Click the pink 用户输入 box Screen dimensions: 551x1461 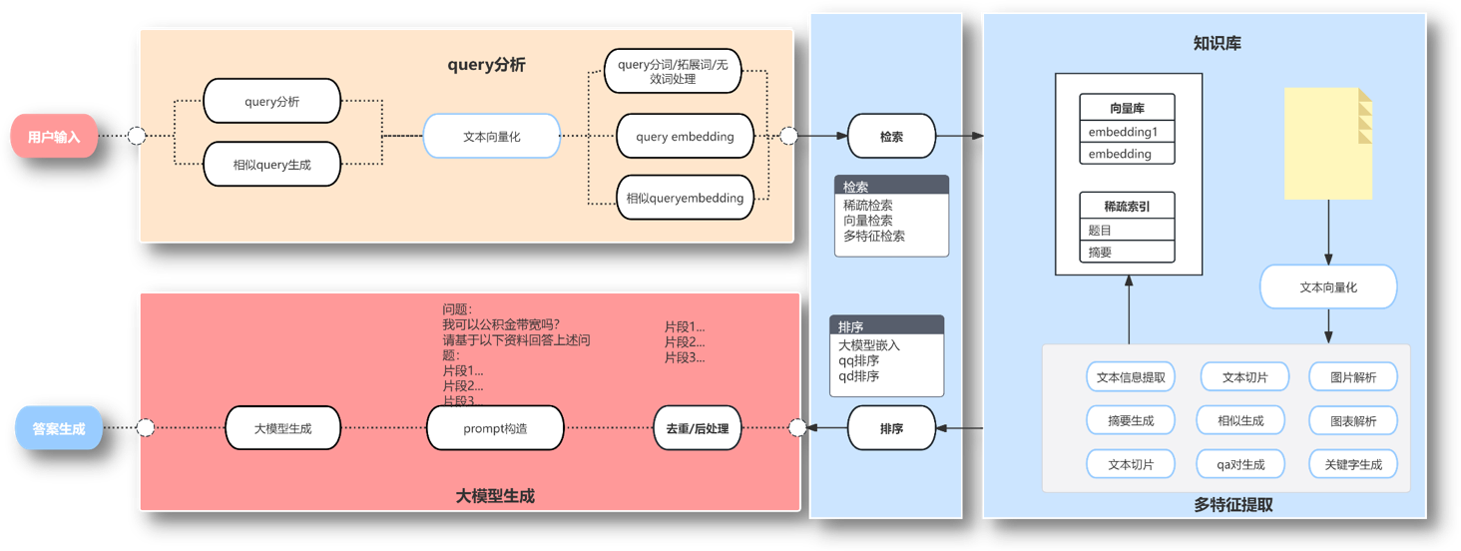[x=54, y=137]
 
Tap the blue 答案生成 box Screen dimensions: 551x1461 [x=59, y=429]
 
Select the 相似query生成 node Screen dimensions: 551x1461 [x=271, y=165]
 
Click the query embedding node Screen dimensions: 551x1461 [x=685, y=137]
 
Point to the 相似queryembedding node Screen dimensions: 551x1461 [x=685, y=198]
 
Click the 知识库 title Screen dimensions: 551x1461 [x=1217, y=43]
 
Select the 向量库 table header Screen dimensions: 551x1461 [x=1127, y=108]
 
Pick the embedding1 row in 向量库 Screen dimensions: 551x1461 [x=1127, y=132]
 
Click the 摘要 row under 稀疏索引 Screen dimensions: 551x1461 [x=1127, y=253]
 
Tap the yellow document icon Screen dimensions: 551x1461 [x=1327, y=144]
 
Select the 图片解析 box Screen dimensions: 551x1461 [x=1353, y=377]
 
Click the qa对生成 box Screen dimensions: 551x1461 [x=1240, y=464]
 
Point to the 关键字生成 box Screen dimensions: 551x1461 [x=1353, y=464]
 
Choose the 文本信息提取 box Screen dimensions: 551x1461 [x=1131, y=377]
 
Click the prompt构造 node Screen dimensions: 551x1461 [x=495, y=429]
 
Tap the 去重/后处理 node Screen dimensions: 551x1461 [x=697, y=429]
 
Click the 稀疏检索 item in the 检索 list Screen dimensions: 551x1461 [x=867, y=206]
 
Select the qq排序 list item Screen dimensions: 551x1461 [x=858, y=361]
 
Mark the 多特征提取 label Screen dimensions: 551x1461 [x=1232, y=505]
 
